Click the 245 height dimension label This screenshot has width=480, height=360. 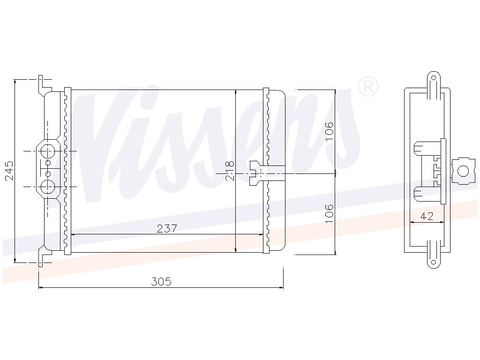(x=9, y=171)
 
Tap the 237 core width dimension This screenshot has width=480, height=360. (x=166, y=228)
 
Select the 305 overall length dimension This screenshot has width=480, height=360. (x=161, y=281)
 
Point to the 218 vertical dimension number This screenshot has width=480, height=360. (x=230, y=171)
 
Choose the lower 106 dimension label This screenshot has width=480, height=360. (x=329, y=213)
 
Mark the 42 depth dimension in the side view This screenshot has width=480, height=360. (x=427, y=216)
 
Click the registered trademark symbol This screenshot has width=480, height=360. (x=368, y=86)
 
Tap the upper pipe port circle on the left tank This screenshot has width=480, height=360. (x=48, y=152)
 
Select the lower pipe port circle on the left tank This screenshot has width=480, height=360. (x=48, y=187)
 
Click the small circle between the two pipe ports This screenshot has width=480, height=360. (x=48, y=170)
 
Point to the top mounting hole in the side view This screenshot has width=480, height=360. (x=433, y=78)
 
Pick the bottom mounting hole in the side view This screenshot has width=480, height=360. (x=433, y=262)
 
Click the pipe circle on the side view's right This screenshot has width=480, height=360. (x=463, y=171)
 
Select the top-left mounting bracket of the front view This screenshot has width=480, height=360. (x=44, y=85)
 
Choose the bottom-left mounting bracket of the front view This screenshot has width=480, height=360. (x=44, y=255)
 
